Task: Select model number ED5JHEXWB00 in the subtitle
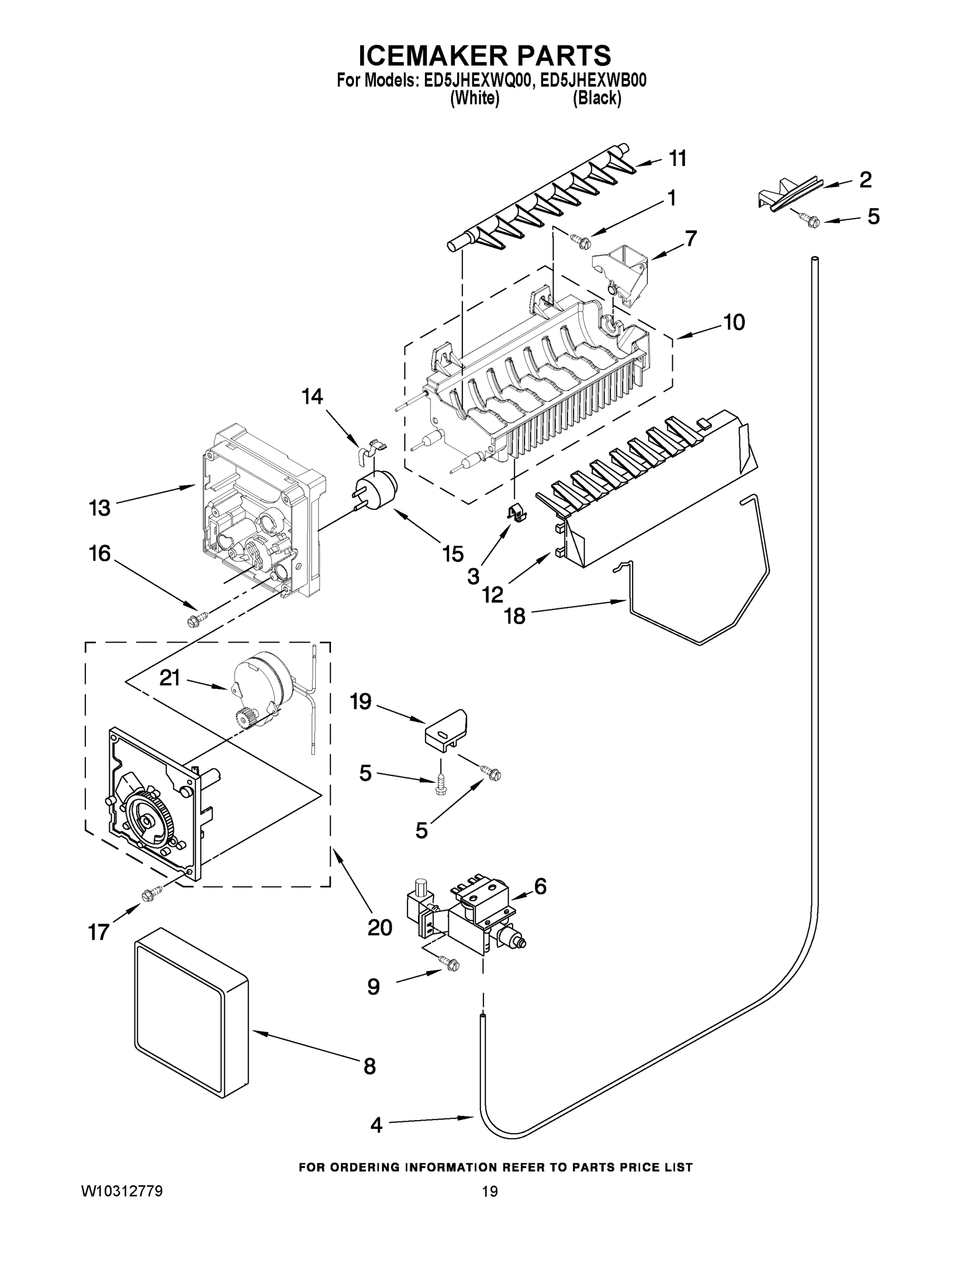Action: coord(592,81)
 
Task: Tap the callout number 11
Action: coord(677,159)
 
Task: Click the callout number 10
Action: coord(734,323)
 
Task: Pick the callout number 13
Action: coord(99,509)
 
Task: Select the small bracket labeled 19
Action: coord(446,730)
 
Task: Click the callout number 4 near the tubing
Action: coord(376,1125)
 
